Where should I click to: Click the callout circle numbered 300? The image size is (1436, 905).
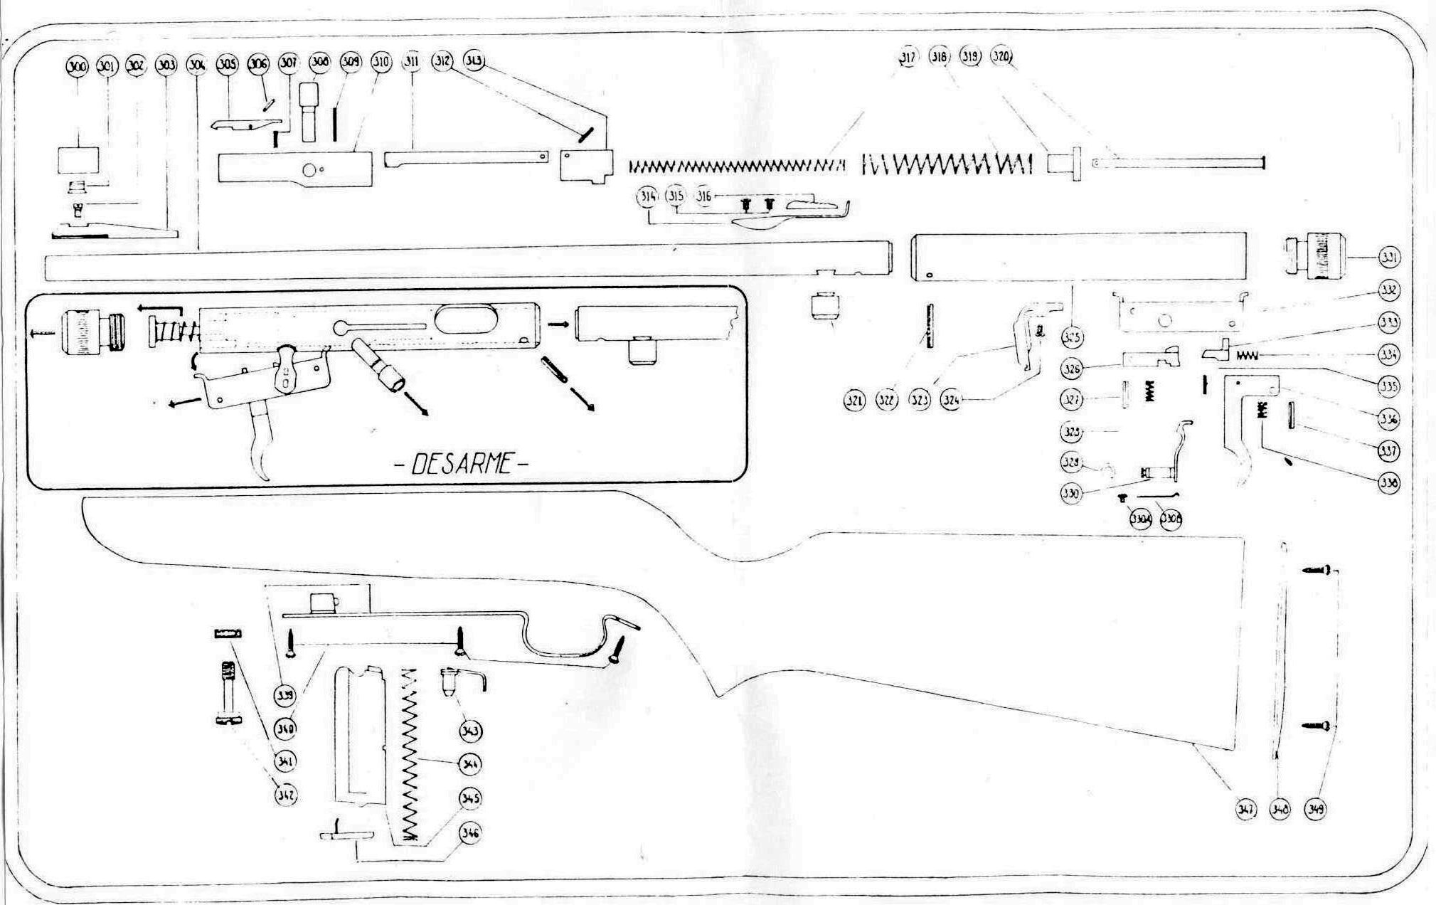pos(76,66)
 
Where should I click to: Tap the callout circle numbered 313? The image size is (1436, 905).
pos(474,61)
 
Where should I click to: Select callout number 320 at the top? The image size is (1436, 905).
pos(1001,56)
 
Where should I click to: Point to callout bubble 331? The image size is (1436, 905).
pos(1389,258)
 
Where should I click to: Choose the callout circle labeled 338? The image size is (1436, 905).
pos(1388,483)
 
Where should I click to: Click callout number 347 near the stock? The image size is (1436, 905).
pos(1246,809)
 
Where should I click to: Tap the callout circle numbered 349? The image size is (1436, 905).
pos(1315,809)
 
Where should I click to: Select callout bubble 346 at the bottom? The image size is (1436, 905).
pos(470,832)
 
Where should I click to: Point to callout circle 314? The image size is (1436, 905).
pos(647,197)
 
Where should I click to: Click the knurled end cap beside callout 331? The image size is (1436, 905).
pos(1309,257)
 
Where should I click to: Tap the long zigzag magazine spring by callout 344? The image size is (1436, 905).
pos(409,754)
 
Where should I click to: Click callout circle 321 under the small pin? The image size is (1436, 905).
pos(854,401)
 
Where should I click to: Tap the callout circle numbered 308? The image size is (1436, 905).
pos(320,63)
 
